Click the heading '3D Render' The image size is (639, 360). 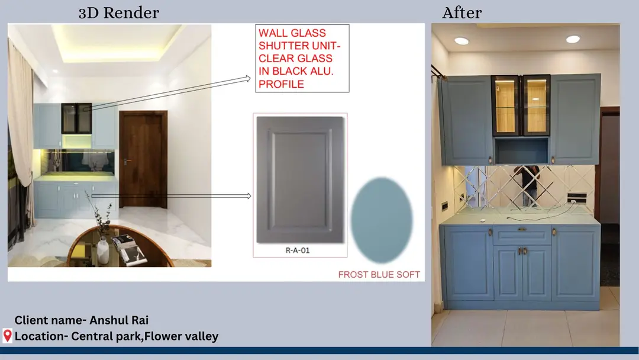(118, 12)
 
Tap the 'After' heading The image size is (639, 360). (461, 12)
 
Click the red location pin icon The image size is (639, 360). (7, 336)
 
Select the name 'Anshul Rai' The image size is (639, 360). (119, 320)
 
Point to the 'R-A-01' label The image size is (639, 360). (298, 250)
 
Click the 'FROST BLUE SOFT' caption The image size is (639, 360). (379, 274)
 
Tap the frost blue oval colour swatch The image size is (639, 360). (382, 220)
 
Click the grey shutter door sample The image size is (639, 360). (301, 180)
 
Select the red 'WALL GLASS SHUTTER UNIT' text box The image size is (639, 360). (302, 58)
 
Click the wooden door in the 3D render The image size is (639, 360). (143, 159)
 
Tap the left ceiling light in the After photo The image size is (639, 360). (461, 41)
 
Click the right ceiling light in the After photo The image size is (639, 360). (573, 39)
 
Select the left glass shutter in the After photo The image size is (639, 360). (506, 105)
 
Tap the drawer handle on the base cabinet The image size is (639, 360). (522, 230)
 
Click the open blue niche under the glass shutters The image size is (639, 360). (521, 150)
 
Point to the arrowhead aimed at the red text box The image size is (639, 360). (248, 78)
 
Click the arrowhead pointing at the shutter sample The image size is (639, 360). (248, 196)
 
